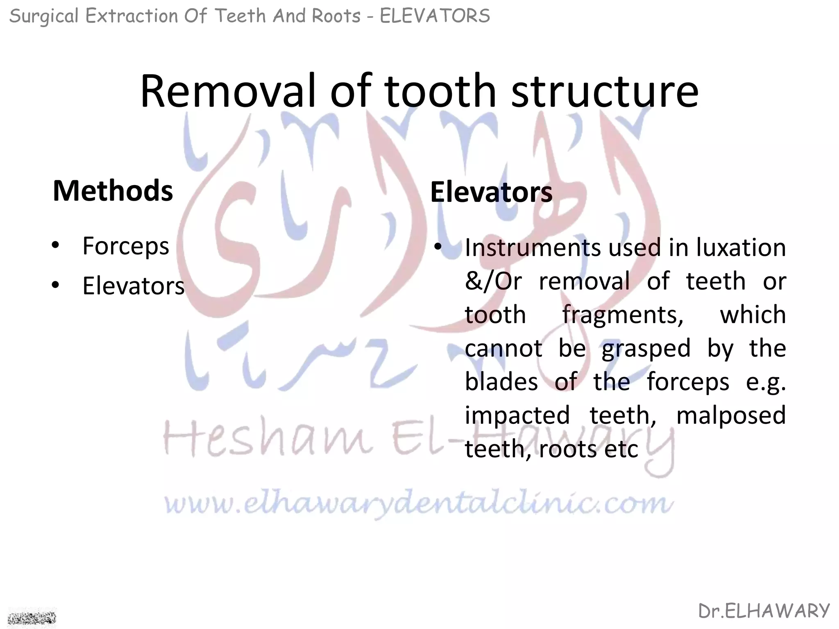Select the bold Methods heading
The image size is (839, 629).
113,191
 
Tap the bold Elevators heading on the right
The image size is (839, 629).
491,192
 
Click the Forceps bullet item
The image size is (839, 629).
125,246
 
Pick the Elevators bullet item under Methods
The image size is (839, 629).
134,286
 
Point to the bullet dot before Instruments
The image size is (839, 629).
438,247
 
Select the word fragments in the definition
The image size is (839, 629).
623,315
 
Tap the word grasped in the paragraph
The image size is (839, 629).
646,349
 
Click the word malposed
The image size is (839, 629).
731,415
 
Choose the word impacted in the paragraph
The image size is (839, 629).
517,415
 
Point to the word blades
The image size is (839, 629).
501,382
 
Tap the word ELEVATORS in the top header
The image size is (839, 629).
435,16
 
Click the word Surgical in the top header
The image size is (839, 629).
43,16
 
